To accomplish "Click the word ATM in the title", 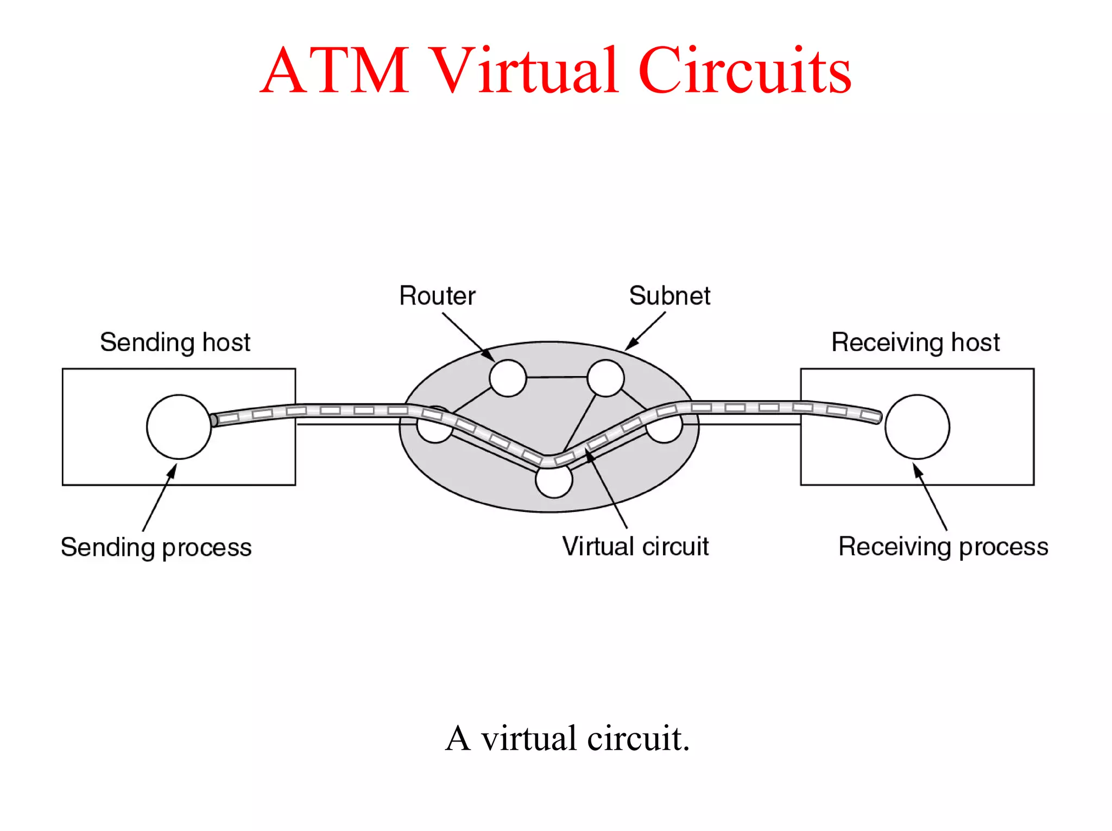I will [335, 71].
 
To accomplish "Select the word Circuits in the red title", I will [744, 71].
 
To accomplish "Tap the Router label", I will [437, 296].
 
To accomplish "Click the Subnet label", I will [669, 296].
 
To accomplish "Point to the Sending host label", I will [175, 342].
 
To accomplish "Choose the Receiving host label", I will [915, 342].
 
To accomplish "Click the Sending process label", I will [156, 547].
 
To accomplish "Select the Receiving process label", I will [943, 547].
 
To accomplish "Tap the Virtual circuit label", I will [635, 547].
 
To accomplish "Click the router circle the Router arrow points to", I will [508, 378].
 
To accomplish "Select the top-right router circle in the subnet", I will [605, 378].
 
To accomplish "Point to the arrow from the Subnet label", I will [646, 331].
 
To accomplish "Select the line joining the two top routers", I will [557, 377].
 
